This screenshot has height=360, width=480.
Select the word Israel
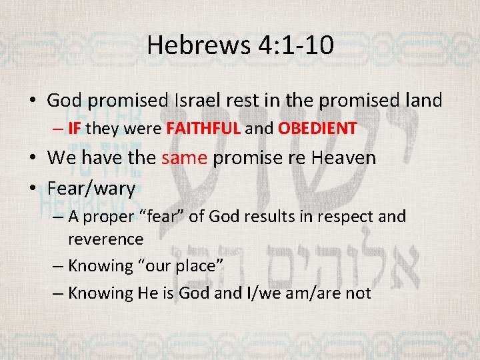click(199, 101)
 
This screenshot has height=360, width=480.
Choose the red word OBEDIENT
click(317, 128)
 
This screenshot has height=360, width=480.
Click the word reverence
click(105, 238)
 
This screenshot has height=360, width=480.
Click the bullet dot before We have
click(33, 159)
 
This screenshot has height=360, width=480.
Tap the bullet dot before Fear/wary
click(33, 189)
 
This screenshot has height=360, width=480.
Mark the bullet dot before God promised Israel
click(33, 101)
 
